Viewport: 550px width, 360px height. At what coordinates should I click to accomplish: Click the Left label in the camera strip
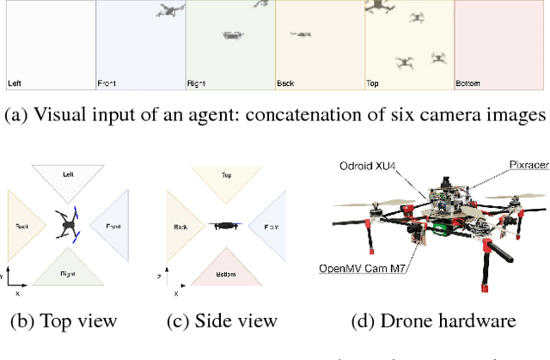point(15,83)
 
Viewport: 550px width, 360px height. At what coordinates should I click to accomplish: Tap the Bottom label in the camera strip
point(468,83)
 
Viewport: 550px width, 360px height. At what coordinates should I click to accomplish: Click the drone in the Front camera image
point(171,10)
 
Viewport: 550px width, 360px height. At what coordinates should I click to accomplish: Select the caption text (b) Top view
point(63,321)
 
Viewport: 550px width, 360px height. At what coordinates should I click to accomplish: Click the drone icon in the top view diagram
point(67,227)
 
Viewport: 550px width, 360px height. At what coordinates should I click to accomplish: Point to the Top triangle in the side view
point(226,180)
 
